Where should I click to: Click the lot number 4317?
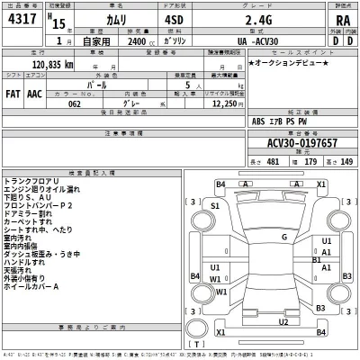click(x=21, y=22)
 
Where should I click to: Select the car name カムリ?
click(x=97, y=22)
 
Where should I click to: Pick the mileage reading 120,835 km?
click(x=53, y=66)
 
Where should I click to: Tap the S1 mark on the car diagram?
click(x=215, y=206)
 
